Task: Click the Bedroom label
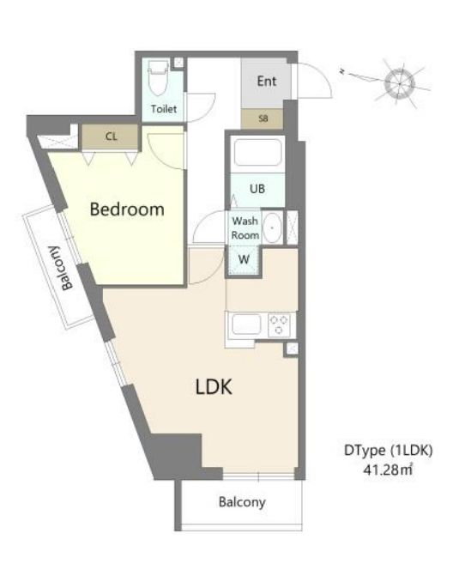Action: tap(127, 209)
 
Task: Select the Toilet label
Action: tap(164, 109)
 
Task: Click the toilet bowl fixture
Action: tap(158, 80)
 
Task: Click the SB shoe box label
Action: tap(263, 119)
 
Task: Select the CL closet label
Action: tap(112, 136)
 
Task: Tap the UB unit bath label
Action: tap(256, 189)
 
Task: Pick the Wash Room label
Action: tap(244, 227)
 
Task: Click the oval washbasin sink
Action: tap(272, 229)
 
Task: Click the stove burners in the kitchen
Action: tap(280, 325)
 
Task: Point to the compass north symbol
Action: tap(400, 83)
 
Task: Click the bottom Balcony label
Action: tap(241, 502)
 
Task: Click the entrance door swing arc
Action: tap(311, 82)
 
